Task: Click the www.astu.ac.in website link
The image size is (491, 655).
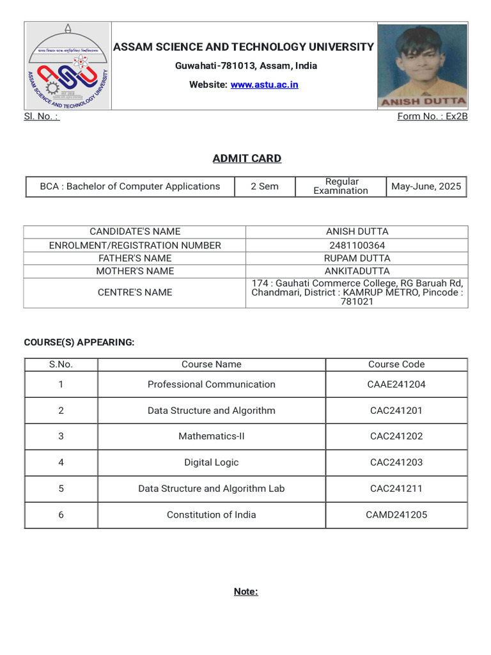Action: point(264,84)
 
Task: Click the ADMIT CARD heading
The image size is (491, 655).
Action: point(247,158)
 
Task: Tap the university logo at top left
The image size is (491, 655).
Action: point(68,66)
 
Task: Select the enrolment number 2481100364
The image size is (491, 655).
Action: point(357,245)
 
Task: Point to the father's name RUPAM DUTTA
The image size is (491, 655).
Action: point(357,258)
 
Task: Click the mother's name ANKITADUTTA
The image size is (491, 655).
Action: point(357,271)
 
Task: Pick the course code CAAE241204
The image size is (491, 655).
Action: point(396,384)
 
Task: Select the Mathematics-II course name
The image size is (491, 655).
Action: point(211,436)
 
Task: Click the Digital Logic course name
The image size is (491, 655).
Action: point(211,462)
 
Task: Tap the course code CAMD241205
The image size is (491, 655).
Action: point(396,514)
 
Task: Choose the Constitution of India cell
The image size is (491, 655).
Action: point(211,514)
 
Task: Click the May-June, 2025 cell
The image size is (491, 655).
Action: point(426,186)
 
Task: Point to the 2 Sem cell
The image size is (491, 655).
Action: point(264,186)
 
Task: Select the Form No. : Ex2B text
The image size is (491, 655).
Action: point(432,116)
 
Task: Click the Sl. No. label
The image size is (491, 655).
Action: point(42,116)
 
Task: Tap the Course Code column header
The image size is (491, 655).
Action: point(396,364)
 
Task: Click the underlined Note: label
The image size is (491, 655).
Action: point(245,591)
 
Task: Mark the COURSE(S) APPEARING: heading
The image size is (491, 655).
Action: point(79,342)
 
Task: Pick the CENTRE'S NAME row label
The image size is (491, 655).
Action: point(134,292)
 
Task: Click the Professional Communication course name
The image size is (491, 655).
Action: point(211,384)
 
